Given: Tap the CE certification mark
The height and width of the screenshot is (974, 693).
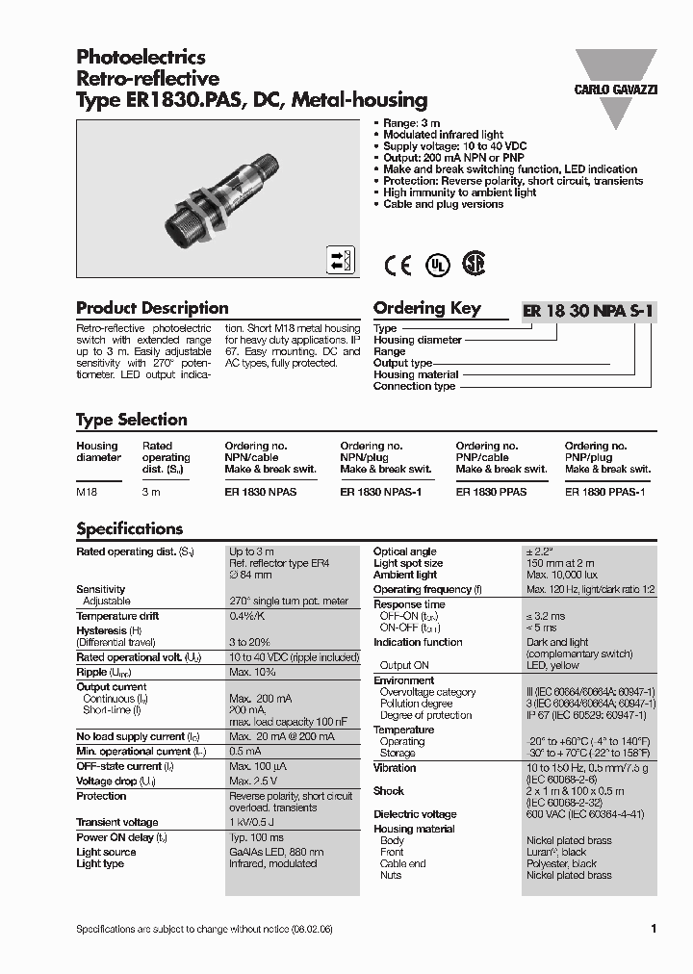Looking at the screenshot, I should pos(398,266).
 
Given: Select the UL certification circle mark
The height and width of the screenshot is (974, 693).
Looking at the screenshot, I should pos(438,266).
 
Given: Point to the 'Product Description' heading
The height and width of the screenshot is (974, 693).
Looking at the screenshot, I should pos(152,308).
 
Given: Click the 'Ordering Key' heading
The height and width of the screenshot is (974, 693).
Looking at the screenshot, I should pos(426,308).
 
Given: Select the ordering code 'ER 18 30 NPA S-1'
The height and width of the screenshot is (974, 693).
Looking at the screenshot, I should pos(588,310).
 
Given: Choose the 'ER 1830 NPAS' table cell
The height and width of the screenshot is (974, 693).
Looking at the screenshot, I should pos(260,491).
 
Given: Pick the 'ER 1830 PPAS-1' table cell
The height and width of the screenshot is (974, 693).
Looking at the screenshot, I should pos(603,491).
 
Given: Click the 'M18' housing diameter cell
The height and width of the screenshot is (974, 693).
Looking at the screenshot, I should pos(87,491).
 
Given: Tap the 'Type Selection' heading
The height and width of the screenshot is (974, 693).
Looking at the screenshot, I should pos(131,420).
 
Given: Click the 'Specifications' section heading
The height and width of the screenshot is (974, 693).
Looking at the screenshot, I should pos(129,528).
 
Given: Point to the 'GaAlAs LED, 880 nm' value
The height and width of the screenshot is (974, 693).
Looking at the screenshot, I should pos(275,852).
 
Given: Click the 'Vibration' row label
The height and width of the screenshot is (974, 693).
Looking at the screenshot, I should pos(395,768).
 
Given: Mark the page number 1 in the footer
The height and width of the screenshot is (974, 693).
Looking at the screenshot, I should pos(654,929).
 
